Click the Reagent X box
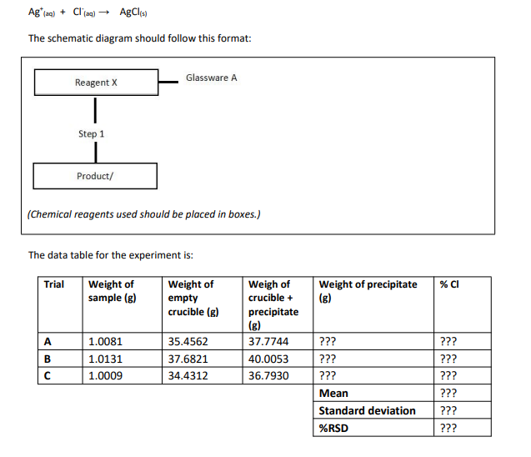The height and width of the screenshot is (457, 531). (x=96, y=83)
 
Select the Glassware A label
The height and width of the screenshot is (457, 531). (x=211, y=78)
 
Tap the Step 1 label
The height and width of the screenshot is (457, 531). (x=92, y=133)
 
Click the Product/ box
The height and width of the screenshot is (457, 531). (x=95, y=176)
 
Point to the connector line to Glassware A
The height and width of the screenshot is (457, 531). (x=169, y=82)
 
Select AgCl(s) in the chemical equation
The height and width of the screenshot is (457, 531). (x=133, y=12)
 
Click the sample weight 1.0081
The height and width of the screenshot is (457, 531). (x=105, y=340)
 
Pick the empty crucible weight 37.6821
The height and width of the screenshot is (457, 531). (x=188, y=358)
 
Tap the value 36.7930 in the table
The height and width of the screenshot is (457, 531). (x=268, y=375)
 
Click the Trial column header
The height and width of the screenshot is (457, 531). (x=54, y=284)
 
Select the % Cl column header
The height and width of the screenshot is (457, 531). (x=449, y=284)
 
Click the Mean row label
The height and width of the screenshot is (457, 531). (x=333, y=393)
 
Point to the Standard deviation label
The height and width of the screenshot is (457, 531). (x=367, y=410)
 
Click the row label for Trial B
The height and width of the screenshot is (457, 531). (x=48, y=358)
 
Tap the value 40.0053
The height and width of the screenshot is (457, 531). (x=268, y=358)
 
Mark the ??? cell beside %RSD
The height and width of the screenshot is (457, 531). (x=449, y=428)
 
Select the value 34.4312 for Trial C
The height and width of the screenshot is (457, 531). (x=188, y=375)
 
